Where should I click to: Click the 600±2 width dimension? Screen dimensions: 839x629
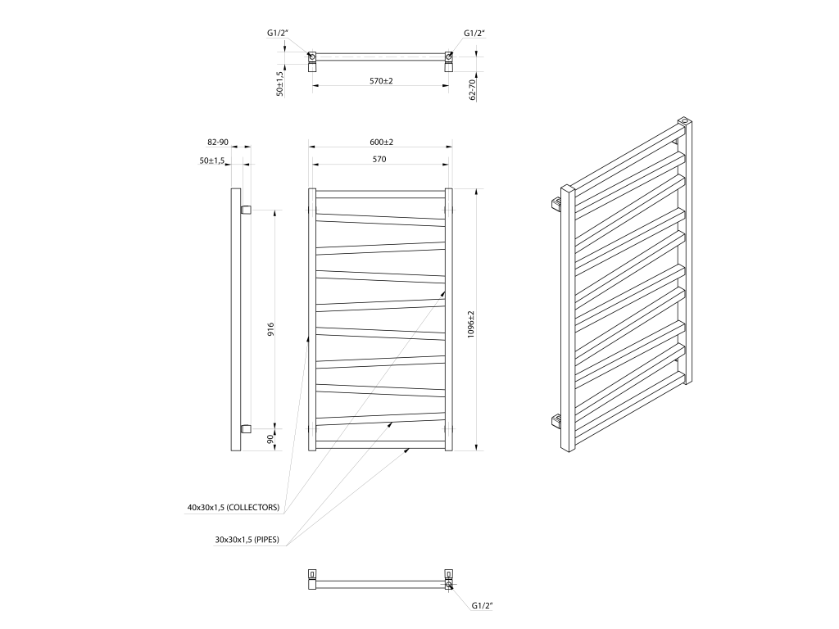click(381, 143)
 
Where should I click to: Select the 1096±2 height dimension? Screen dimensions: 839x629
click(471, 324)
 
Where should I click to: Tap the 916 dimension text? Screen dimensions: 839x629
click(270, 329)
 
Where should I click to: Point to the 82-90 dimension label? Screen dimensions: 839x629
click(218, 143)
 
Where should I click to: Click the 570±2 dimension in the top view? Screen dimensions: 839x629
click(381, 81)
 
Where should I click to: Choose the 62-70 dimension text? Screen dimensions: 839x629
click(472, 90)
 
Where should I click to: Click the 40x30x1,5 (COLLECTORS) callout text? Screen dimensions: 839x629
click(234, 508)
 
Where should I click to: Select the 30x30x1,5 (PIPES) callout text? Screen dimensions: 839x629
click(247, 540)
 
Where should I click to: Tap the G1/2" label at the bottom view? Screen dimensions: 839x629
click(482, 605)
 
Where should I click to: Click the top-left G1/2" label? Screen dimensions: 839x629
click(278, 33)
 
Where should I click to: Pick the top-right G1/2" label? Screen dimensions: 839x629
click(474, 33)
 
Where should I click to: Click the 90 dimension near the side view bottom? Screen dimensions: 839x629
click(270, 439)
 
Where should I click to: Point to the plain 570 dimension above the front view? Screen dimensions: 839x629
click(379, 160)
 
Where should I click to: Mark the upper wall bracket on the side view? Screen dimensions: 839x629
click(246, 209)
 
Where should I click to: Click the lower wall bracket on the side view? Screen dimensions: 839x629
click(246, 428)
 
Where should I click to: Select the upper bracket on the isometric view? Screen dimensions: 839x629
click(556, 203)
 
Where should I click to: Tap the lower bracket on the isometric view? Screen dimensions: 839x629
click(556, 421)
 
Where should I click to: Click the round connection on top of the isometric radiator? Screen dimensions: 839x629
click(684, 121)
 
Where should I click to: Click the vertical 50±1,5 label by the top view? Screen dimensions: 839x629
click(279, 84)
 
